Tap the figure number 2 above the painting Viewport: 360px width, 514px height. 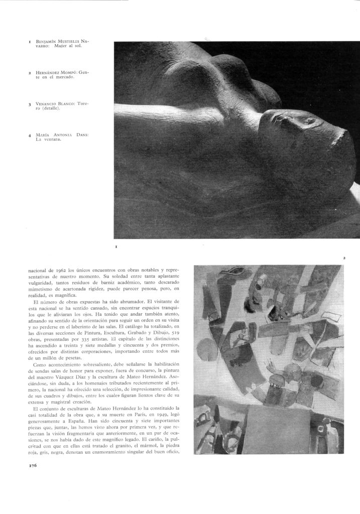(344, 258)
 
